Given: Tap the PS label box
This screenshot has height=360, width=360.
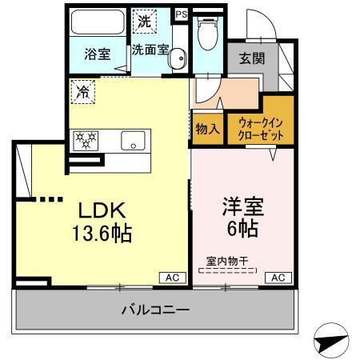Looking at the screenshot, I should click(x=181, y=14).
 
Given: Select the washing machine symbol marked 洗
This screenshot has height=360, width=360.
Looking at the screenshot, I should click(x=144, y=22).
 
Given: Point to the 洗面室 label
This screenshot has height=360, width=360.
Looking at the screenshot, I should click(x=150, y=49).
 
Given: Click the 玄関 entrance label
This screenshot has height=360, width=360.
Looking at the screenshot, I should click(x=251, y=58).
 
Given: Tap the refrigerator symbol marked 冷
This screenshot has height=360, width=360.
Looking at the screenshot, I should click(x=83, y=92).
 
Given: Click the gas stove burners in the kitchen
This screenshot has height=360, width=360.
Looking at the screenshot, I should click(x=85, y=142).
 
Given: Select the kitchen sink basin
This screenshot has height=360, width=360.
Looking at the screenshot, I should click(x=131, y=142).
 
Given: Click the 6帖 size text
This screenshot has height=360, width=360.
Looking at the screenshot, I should click(x=239, y=230).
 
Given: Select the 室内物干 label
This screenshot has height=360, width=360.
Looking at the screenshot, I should click(x=228, y=261).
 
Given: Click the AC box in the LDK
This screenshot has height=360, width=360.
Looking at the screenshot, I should click(x=171, y=277).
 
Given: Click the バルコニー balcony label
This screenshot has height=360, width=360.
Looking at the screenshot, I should click(x=155, y=308).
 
